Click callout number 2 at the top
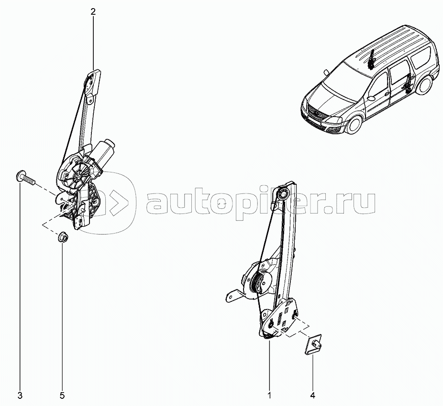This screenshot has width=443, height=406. [x=93, y=11]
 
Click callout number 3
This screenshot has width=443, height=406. [x=20, y=395]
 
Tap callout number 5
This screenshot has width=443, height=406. [x=62, y=395]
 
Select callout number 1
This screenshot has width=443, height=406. [x=269, y=395]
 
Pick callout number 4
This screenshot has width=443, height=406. [x=312, y=395]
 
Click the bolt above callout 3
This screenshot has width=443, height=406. [x=24, y=178]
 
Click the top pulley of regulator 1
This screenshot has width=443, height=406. [x=283, y=194]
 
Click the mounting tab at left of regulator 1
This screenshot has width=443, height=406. [x=232, y=297]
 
